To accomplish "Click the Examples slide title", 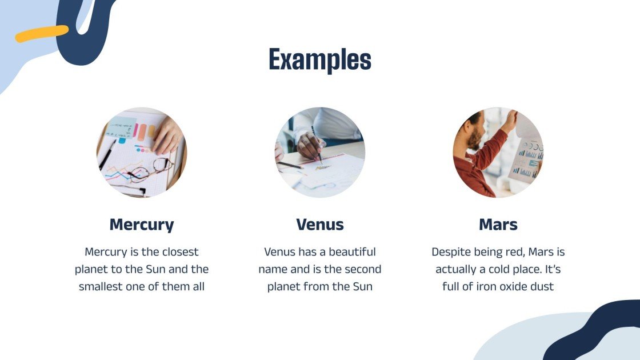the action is click(320, 60).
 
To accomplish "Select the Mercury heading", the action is click(142, 225).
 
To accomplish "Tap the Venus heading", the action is click(320, 225).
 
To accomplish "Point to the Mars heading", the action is click(498, 225).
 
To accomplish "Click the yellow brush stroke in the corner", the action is click(42, 34).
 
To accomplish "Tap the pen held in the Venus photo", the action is click(317, 145).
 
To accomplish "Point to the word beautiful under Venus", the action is click(352, 252).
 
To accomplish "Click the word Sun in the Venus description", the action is click(363, 286).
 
